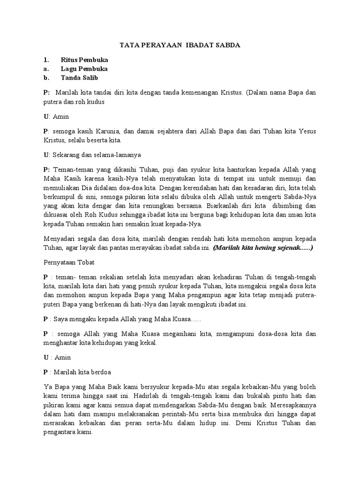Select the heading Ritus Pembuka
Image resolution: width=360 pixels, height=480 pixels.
click(x=84, y=60)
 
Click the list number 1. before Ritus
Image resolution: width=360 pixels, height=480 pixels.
click(x=46, y=60)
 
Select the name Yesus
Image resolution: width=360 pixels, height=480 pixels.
click(x=306, y=132)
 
